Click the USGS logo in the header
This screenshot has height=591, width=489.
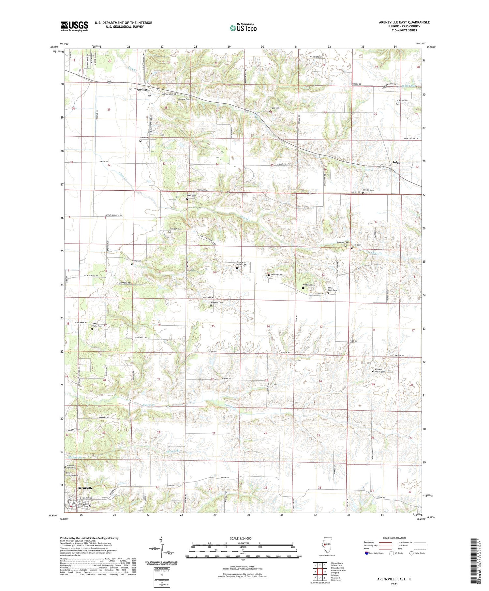(x=74, y=26)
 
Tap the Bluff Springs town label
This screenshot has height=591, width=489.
(x=138, y=89)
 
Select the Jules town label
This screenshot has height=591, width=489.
(x=396, y=162)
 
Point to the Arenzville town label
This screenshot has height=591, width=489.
(x=85, y=488)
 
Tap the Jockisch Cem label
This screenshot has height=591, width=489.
(x=175, y=229)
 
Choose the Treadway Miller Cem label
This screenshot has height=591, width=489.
(x=242, y=264)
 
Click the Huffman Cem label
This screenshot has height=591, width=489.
(x=309, y=285)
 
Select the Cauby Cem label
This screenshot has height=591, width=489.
(x=402, y=100)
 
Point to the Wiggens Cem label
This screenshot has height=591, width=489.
(x=217, y=303)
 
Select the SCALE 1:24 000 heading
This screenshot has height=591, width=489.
(x=243, y=539)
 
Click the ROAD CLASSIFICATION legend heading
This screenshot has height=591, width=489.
(x=394, y=538)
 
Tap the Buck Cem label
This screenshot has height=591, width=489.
(x=191, y=196)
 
